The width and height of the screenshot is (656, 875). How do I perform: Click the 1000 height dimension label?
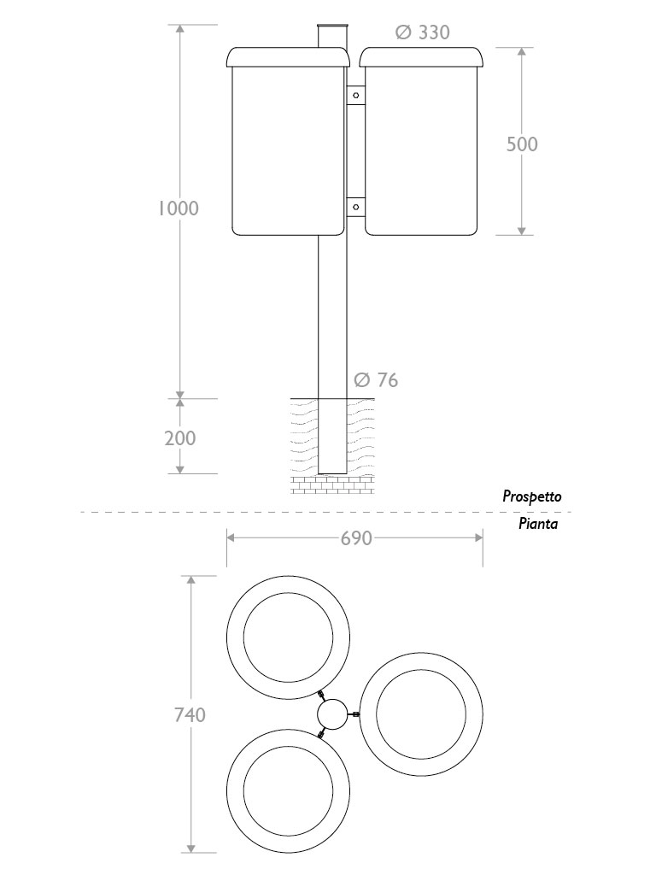179,208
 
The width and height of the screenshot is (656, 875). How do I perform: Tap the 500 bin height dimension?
522,144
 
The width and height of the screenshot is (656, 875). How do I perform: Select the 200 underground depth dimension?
179,438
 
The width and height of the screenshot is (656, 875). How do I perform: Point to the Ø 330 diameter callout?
422,33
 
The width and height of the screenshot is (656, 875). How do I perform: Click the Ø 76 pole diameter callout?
375,380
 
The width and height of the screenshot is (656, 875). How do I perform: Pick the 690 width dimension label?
356,538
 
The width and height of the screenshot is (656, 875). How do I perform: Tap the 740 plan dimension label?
190,714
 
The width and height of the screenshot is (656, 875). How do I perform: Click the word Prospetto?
531,496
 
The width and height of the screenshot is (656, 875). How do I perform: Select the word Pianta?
538,524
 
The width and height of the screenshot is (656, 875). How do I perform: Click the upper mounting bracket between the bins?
355,95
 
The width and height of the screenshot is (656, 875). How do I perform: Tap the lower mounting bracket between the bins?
355,206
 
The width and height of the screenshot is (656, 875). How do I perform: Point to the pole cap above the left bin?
332,35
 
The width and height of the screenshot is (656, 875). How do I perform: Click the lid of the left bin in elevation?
288,57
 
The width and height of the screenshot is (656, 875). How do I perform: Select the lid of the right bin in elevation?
421,57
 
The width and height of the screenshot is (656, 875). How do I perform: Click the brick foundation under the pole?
332,484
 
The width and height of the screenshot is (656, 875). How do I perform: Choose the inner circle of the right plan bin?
420,714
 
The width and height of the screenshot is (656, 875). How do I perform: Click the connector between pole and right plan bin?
355,714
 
